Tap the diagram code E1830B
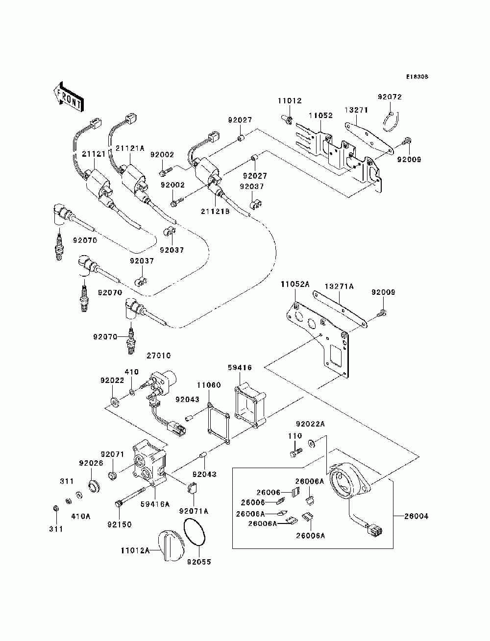(417, 77)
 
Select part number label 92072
(390, 96)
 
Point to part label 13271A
(339, 286)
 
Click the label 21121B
(215, 212)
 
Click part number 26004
(416, 517)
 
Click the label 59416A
(155, 504)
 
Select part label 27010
(159, 356)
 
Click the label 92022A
(310, 424)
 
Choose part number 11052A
(295, 284)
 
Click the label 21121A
(130, 148)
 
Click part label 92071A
(194, 511)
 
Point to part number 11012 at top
(290, 101)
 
